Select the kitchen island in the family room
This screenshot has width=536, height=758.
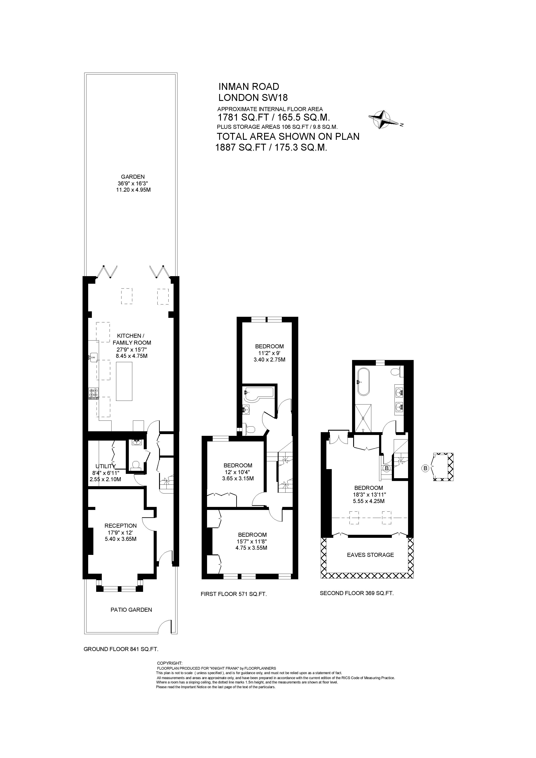[x=124, y=381]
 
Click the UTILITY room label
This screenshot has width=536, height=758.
[x=105, y=466]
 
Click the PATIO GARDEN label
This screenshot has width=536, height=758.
[x=131, y=610]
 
